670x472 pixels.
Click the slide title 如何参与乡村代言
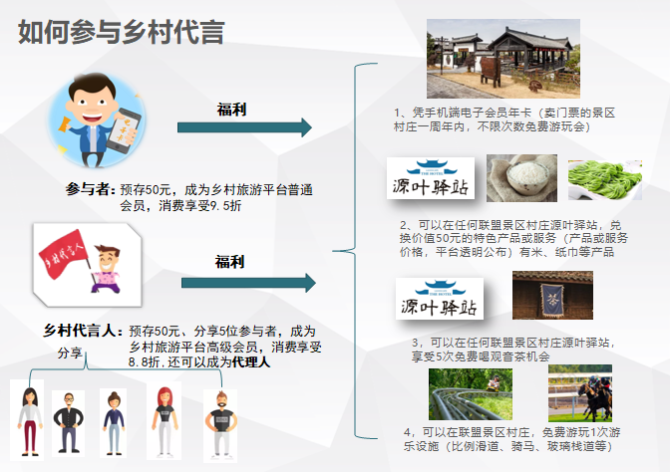click(121, 32)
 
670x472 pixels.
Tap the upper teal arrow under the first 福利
click(244, 127)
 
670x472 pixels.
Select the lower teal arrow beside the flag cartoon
click(248, 283)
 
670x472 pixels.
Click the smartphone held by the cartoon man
click(124, 130)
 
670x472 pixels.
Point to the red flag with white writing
click(63, 253)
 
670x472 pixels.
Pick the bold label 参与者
click(90, 189)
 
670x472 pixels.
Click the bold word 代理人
click(251, 361)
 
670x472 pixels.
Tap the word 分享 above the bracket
click(70, 353)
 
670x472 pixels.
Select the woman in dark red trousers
click(30, 421)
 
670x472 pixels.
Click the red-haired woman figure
click(165, 420)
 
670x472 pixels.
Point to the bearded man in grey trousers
click(221, 424)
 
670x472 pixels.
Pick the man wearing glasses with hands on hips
click(69, 422)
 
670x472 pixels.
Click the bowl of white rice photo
click(521, 178)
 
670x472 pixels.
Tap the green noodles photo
click(605, 179)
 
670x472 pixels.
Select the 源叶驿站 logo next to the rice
click(431, 178)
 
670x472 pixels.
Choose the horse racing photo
click(580, 393)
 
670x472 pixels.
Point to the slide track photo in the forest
click(471, 394)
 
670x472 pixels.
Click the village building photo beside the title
click(503, 59)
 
